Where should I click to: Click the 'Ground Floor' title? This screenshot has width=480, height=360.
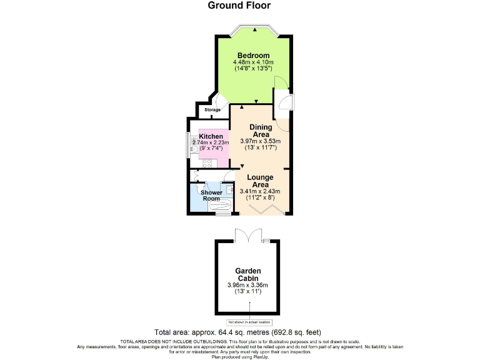[239, 6]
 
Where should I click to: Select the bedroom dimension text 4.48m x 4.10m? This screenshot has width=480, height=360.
[254, 62]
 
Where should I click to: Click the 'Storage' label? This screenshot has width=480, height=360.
[212, 110]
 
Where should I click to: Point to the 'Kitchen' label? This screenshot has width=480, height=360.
[211, 136]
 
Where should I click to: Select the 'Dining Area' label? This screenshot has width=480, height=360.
[260, 131]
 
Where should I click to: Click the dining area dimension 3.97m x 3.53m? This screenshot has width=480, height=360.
[260, 141]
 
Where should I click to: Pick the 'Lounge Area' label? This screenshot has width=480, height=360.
[260, 181]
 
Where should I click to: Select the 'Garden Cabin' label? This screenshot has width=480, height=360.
[247, 275]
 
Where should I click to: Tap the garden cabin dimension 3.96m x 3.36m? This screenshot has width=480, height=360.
[247, 286]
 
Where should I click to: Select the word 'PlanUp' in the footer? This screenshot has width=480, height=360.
[257, 356]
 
